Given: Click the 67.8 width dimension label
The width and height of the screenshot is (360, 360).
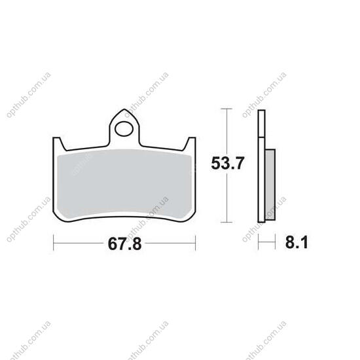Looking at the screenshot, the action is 124,244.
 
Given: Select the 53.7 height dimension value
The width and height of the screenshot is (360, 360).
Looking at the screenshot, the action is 227,163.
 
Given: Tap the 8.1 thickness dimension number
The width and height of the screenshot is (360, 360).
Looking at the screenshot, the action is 297,242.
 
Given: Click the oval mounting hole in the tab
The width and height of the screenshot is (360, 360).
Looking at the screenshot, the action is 124,129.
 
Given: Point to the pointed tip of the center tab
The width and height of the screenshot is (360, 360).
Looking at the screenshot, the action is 124,109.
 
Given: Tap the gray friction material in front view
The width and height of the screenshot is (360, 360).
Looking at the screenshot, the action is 124,183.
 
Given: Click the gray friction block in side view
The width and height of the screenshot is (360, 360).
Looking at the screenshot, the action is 270,185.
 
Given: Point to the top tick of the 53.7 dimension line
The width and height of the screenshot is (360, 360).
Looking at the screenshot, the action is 226,109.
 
